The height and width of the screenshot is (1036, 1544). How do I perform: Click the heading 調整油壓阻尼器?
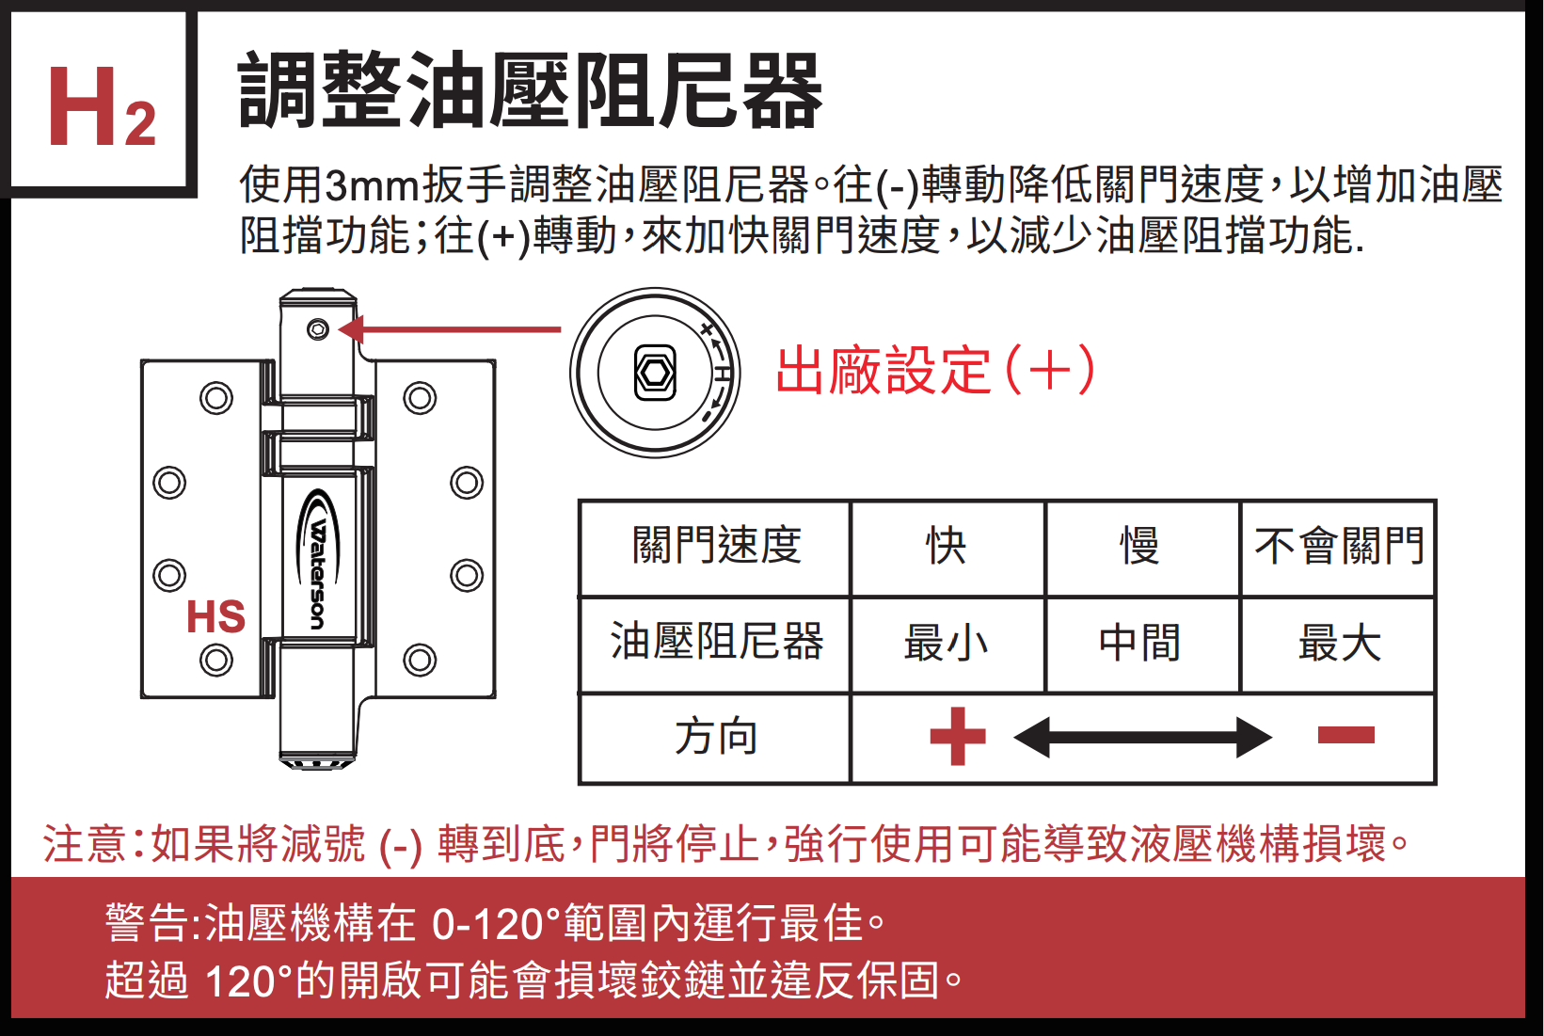point(530,91)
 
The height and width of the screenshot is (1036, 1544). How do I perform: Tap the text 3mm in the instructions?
point(372,185)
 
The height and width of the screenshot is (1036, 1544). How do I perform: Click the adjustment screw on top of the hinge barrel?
point(318,330)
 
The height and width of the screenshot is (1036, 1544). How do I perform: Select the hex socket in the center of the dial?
point(655,374)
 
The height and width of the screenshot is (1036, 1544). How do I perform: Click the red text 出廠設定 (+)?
point(935,370)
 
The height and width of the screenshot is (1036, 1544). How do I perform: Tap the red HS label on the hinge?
point(215,617)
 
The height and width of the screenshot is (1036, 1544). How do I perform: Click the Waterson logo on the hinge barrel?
point(318,561)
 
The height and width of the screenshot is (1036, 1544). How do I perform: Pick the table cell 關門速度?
point(716,547)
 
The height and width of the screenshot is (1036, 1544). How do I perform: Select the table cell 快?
point(947,547)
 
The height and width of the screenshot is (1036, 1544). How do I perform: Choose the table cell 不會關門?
point(1339,547)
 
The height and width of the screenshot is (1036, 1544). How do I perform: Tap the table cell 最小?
point(947,645)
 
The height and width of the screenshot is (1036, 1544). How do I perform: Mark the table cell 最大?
point(1339,645)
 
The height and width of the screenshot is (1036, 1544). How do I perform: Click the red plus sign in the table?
point(958,736)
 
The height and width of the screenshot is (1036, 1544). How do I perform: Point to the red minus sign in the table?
point(1345,735)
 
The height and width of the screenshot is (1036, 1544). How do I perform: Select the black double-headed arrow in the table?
point(1142,737)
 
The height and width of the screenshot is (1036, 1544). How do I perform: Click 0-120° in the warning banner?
point(495,924)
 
